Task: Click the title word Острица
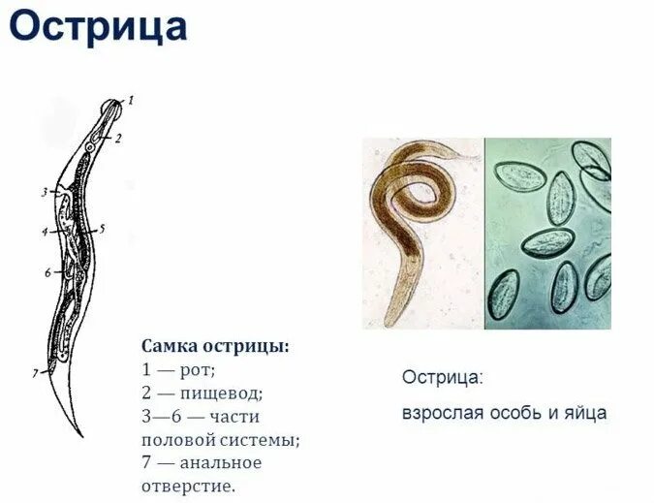(x=98, y=26)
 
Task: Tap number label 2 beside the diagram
(x=117, y=139)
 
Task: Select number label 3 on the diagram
(x=45, y=192)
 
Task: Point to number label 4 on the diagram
(x=45, y=231)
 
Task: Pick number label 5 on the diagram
(x=102, y=230)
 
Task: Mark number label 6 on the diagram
(x=47, y=272)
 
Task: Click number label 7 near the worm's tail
(x=35, y=372)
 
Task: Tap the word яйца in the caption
(x=586, y=413)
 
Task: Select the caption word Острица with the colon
(x=442, y=377)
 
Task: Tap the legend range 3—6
(x=161, y=417)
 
